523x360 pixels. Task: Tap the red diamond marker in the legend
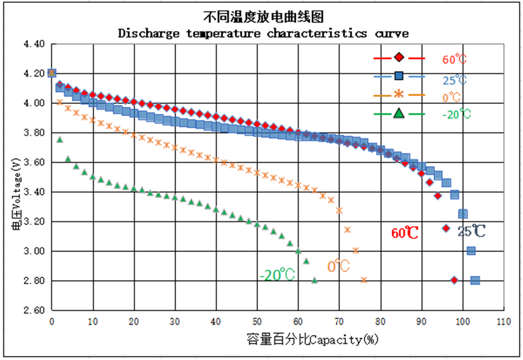(x=399, y=57)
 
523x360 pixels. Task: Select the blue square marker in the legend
(x=399, y=75)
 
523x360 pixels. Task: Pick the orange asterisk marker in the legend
(x=399, y=94)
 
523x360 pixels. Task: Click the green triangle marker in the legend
(x=399, y=113)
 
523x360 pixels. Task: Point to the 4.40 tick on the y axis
(x=34, y=44)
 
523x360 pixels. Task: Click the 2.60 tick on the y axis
(x=34, y=310)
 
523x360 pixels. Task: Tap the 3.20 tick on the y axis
(x=34, y=221)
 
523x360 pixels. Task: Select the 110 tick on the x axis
(x=503, y=322)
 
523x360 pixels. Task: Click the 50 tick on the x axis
(x=257, y=322)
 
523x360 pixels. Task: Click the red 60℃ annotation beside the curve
(x=405, y=233)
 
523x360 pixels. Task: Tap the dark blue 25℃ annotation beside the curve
(x=471, y=231)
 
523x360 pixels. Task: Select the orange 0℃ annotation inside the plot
(x=338, y=267)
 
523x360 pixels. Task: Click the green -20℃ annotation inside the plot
(x=278, y=275)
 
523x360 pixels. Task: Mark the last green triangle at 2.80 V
(x=314, y=280)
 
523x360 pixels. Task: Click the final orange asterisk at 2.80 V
(x=364, y=280)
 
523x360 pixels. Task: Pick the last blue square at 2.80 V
(x=475, y=280)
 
